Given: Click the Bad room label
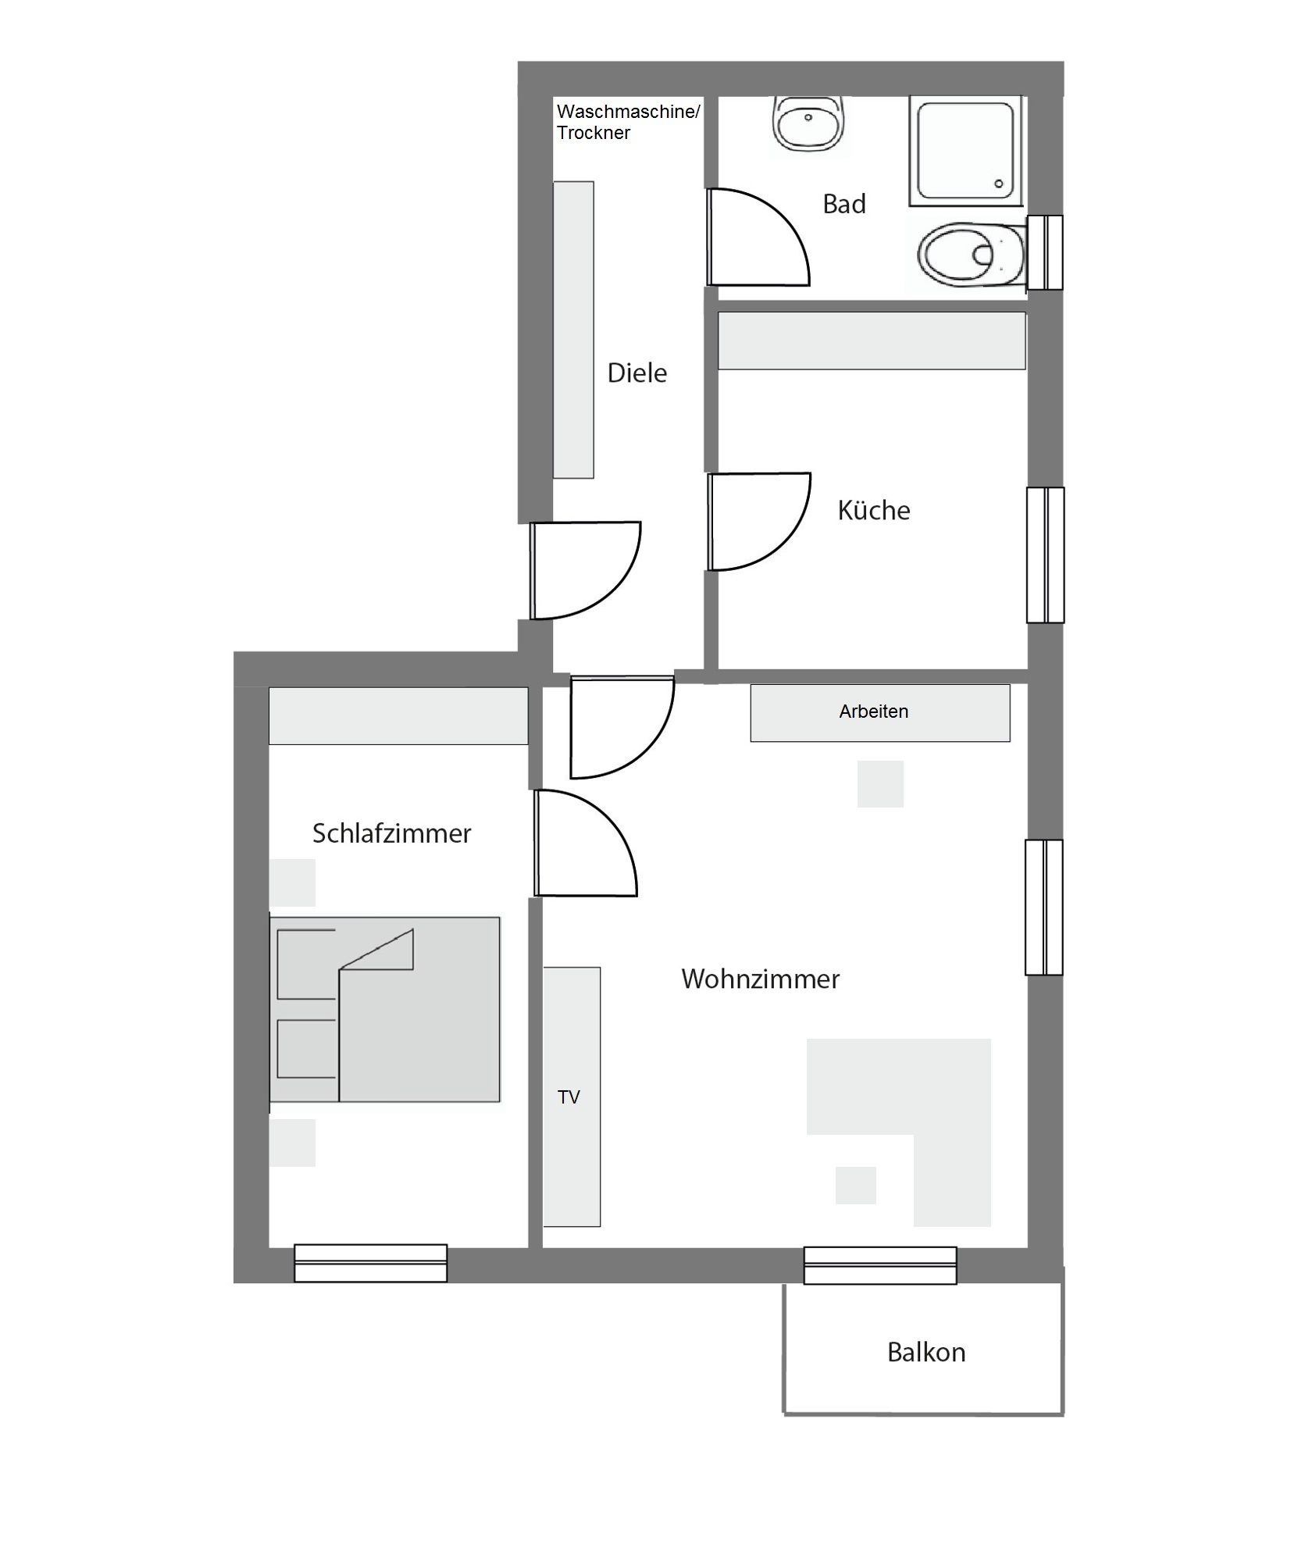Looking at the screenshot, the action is pyautogui.click(x=843, y=204).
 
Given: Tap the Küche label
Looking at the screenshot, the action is pyautogui.click(x=873, y=510).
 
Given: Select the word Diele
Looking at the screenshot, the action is pyautogui.click(x=637, y=373).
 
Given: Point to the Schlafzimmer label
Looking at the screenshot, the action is pyautogui.click(x=391, y=833).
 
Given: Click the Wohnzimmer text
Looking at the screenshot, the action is pyautogui.click(x=760, y=979).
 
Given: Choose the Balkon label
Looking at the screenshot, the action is pyautogui.click(x=926, y=1352).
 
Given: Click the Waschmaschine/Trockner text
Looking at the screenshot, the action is pyautogui.click(x=628, y=122).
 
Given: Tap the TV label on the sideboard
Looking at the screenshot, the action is pyautogui.click(x=569, y=1097).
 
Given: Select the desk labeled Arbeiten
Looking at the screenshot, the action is pyautogui.click(x=880, y=712).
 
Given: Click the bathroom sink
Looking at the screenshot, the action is pyautogui.click(x=808, y=123).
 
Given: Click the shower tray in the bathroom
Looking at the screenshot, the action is pyautogui.click(x=965, y=151).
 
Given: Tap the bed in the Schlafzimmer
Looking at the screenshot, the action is pyautogui.click(x=384, y=1009).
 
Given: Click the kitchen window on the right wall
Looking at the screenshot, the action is pyautogui.click(x=1045, y=555).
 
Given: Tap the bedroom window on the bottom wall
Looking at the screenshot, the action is pyautogui.click(x=370, y=1263).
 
